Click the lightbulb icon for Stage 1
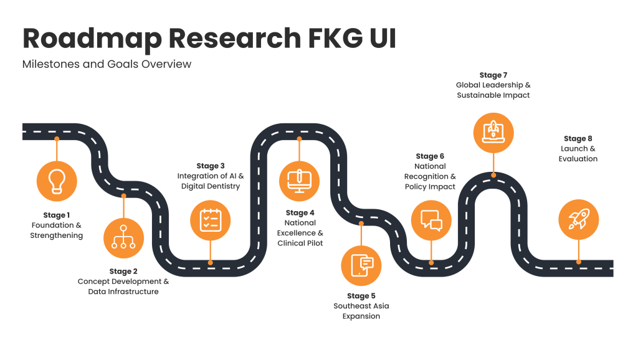[57, 180]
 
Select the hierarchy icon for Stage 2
[123, 238]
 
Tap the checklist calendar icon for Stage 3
[210, 220]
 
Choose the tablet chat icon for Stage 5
[361, 265]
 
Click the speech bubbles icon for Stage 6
[431, 220]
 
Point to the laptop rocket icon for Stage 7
[493, 133]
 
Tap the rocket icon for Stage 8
[578, 220]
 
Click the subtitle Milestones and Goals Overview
[107, 64]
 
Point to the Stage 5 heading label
[361, 296]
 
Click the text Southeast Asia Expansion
[361, 311]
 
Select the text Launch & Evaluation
[578, 154]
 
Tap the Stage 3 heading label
[211, 166]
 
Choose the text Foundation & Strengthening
[57, 230]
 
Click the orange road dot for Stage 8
[579, 262]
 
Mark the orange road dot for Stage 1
[57, 138]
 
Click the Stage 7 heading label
[493, 75]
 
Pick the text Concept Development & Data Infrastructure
[123, 287]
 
